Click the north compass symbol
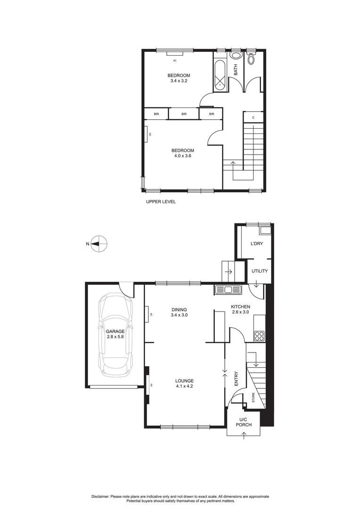point(99,244)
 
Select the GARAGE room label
point(115,331)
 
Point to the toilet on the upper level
point(251,58)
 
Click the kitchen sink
point(228,290)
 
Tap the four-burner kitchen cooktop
point(259,336)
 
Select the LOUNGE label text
point(184,381)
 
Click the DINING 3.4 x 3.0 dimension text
point(179,315)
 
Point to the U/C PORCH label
point(244,422)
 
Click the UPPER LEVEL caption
point(161,202)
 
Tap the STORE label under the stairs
point(253,397)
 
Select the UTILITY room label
point(260,271)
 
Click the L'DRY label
point(257,243)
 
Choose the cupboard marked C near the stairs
point(254,117)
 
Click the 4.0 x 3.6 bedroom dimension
point(182,156)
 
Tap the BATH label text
point(236,70)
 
